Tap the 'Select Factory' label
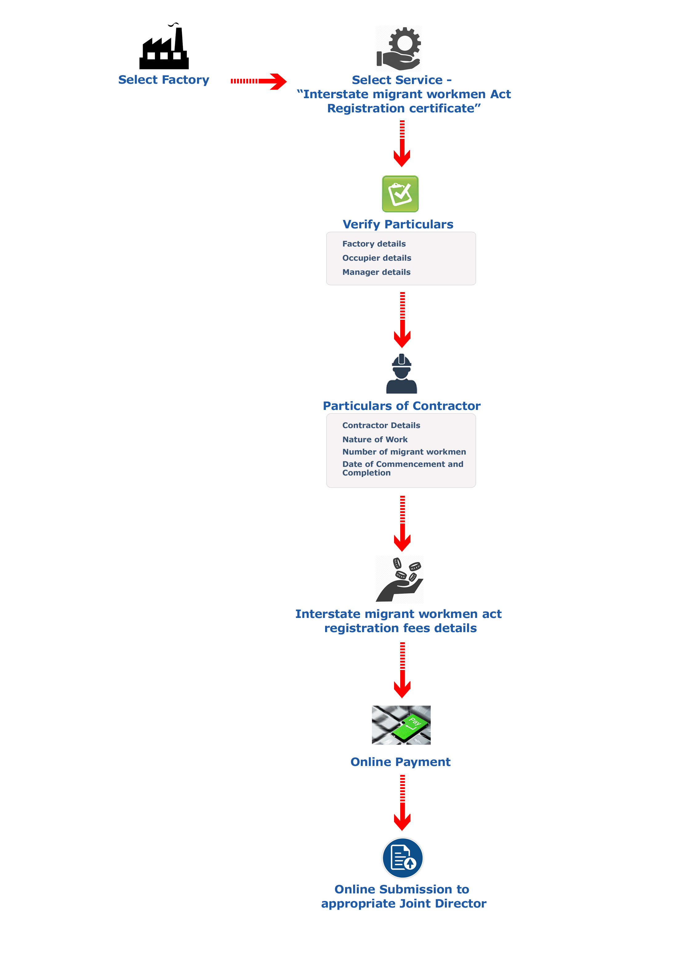(163, 80)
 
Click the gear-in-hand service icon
(399, 48)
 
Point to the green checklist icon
(400, 194)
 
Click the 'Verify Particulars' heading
(398, 224)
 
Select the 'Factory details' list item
(374, 244)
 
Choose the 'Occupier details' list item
(377, 258)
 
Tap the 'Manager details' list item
(377, 272)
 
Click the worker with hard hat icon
(401, 374)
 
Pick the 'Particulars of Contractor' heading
(401, 406)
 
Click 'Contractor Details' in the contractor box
(381, 425)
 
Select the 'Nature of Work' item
(375, 439)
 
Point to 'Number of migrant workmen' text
(404, 452)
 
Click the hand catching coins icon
(399, 579)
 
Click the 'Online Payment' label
(400, 762)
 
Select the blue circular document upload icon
(403, 858)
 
